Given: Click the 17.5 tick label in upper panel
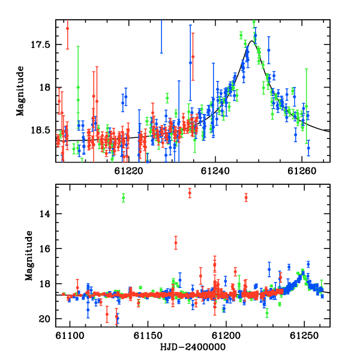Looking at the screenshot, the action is pyautogui.click(x=40, y=44).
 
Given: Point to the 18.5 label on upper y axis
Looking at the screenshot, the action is pyautogui.click(x=40, y=130).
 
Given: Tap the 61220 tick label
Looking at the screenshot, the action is pyautogui.click(x=128, y=171).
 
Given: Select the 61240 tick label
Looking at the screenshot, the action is pyautogui.click(x=215, y=171).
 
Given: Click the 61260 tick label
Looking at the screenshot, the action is pyautogui.click(x=302, y=171).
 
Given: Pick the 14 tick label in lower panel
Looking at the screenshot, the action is pyautogui.click(x=44, y=214).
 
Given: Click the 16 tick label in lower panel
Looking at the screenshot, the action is pyautogui.click(x=44, y=249).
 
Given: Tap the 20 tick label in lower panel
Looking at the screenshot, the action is pyautogui.click(x=44, y=319).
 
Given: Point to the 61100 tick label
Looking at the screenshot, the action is pyautogui.click(x=70, y=336).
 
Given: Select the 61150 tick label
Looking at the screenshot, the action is pyautogui.click(x=148, y=336).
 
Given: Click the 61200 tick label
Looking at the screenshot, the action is pyautogui.click(x=226, y=336).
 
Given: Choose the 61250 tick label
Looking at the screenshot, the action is pyautogui.click(x=304, y=336).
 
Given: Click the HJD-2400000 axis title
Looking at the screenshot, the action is pyautogui.click(x=193, y=347).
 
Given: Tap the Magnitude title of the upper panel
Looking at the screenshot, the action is pyautogui.click(x=20, y=91).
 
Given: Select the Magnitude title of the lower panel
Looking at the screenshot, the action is pyautogui.click(x=29, y=256).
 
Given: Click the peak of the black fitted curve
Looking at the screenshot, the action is pyautogui.click(x=252, y=41).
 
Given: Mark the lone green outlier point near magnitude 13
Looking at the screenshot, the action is pyautogui.click(x=124, y=197).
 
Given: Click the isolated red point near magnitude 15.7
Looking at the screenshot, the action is pyautogui.click(x=176, y=242).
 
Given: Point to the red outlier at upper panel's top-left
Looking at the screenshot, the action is pyautogui.click(x=67, y=28).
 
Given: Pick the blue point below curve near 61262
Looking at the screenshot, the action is pyautogui.click(x=308, y=148).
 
